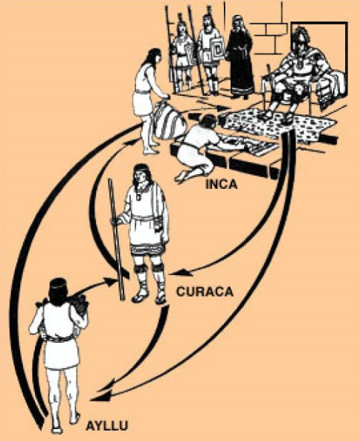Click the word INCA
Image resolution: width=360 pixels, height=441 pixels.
coord(222,184)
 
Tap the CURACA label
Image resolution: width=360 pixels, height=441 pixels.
coord(205,292)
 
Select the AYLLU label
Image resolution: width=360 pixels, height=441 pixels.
coord(107,425)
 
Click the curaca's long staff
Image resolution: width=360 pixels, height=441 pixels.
coord(117,239)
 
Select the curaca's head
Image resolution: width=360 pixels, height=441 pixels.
coord(141,175)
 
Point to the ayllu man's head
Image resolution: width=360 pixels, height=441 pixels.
coord(59,289)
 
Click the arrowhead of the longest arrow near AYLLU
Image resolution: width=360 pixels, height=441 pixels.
coord(99,397)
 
